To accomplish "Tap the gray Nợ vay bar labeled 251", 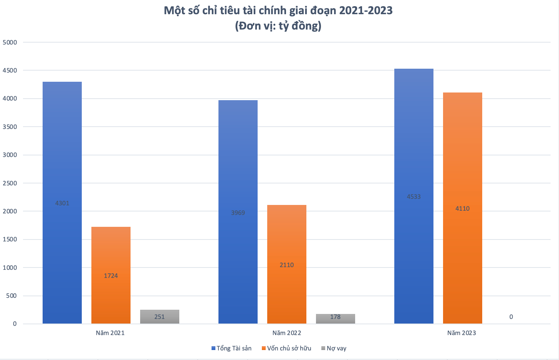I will (x=159, y=317).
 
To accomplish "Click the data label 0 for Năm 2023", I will (x=511, y=317).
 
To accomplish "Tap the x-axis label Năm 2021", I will (x=110, y=333).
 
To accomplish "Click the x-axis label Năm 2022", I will (x=286, y=333).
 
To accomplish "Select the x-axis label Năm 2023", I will (x=461, y=333).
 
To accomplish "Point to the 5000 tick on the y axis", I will (x=10, y=43).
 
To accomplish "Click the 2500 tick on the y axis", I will (x=10, y=183).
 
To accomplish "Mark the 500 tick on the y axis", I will (x=12, y=296).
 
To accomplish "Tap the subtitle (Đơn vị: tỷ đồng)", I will (x=278, y=26).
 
